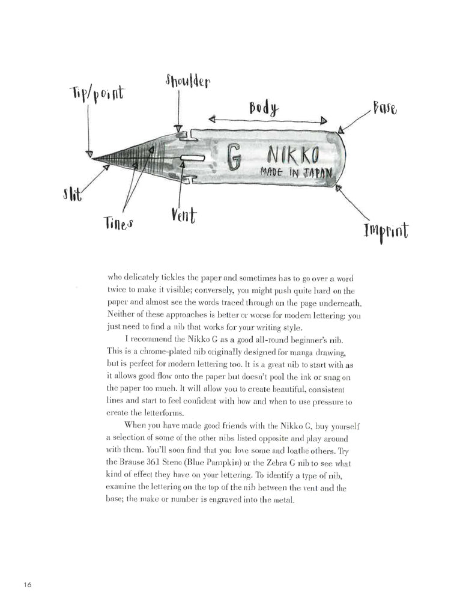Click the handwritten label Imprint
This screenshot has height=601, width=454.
click(x=385, y=230)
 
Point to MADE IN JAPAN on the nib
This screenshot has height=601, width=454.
click(x=295, y=172)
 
